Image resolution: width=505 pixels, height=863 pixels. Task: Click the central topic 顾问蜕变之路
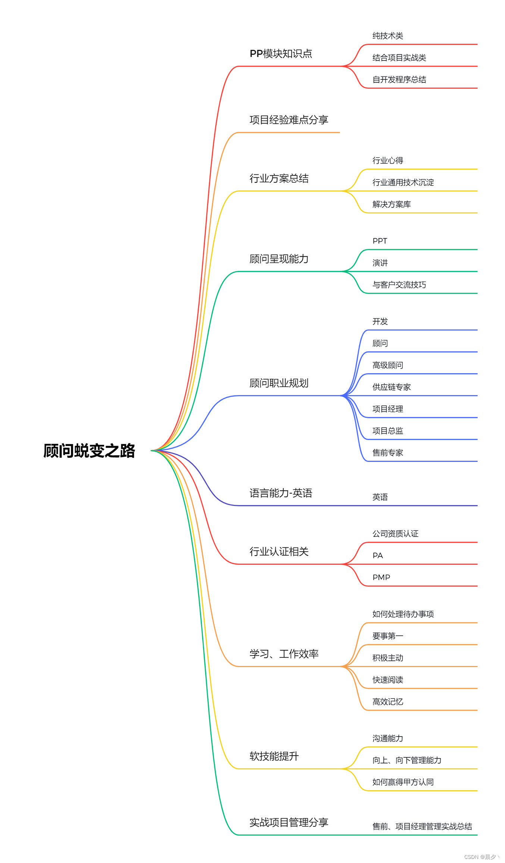coord(89,451)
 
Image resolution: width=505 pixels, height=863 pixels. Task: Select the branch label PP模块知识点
coord(281,54)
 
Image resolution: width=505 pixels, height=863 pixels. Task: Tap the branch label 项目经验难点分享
coord(289,120)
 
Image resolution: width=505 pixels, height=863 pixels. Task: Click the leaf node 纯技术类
coord(388,36)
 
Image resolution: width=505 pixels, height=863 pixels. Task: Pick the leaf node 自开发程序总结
coord(399,79)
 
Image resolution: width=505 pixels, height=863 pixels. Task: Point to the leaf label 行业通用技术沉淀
coord(403,182)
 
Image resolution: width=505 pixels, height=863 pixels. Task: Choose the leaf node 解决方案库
coord(391,204)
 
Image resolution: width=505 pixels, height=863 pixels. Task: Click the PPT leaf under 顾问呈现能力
coord(380,241)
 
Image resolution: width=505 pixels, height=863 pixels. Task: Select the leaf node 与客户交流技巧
coord(399,285)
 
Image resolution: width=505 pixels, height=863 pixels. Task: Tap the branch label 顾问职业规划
coord(279,383)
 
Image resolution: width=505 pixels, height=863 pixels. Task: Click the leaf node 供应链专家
coord(391,387)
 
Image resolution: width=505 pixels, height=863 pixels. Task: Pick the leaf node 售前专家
coord(388,453)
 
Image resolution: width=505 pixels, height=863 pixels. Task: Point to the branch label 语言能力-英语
coord(281,493)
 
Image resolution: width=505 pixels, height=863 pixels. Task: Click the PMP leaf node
coord(381,578)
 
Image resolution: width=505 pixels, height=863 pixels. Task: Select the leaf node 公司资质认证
coord(395,534)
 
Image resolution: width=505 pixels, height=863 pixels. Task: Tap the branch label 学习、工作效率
coord(284,654)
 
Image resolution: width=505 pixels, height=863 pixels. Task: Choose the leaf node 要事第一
coord(388,636)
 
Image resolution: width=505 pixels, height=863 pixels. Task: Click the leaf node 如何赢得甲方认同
coord(403,782)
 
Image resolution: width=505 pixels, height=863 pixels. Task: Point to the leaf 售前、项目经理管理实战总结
coord(422,826)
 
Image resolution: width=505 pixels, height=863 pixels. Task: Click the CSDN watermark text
coord(481,857)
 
